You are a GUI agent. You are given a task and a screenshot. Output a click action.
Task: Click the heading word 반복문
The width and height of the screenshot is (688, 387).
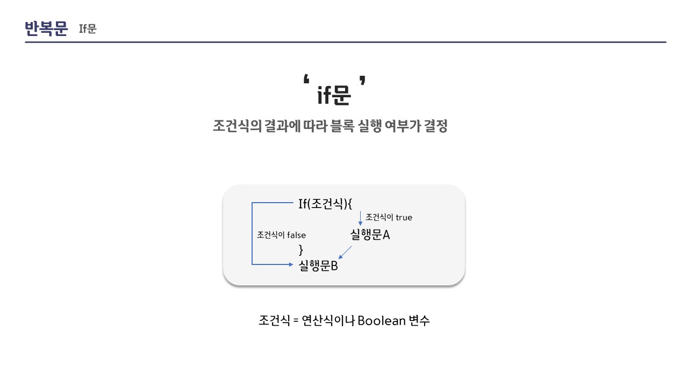point(46,28)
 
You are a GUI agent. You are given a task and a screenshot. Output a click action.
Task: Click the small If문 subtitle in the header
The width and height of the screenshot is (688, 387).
point(88,29)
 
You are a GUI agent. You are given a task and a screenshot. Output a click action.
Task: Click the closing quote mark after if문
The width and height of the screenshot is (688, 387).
point(363,81)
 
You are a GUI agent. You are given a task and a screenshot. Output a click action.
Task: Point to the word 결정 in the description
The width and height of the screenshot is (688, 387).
point(435,126)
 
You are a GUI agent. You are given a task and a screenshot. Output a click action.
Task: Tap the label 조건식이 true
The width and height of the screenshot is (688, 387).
point(389,217)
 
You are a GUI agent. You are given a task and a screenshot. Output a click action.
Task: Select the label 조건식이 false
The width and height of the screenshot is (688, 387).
point(281,235)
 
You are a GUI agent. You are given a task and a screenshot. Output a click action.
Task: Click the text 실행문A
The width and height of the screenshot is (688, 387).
point(370,234)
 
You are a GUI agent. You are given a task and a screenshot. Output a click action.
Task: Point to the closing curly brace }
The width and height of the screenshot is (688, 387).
point(301,249)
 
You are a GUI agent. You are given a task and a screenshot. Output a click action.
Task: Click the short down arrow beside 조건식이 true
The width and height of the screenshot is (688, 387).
point(360,218)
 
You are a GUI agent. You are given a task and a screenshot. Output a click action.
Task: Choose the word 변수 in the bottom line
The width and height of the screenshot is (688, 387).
point(419,321)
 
